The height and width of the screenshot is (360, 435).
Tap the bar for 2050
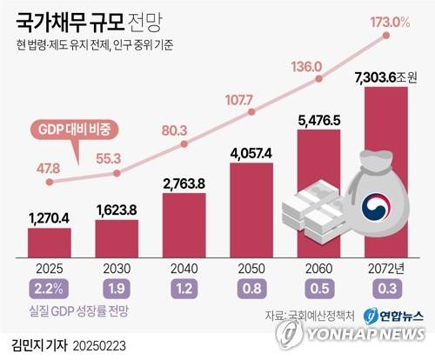[252, 210]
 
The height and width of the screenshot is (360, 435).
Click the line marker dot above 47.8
[49, 182]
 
